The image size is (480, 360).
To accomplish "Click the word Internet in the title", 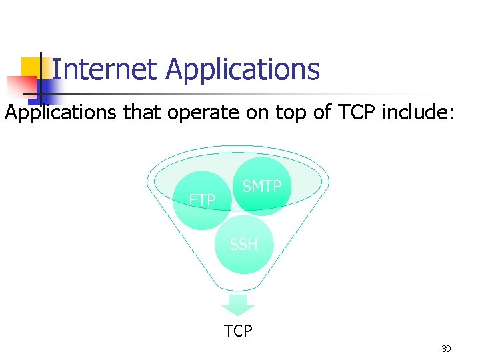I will click(x=103, y=69).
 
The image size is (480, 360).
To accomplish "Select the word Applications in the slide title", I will click(x=243, y=69).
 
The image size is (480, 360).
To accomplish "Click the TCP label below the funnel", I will click(x=238, y=331).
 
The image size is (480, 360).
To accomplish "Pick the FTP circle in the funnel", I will click(x=201, y=199).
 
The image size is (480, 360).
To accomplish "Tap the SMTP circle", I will click(x=262, y=186).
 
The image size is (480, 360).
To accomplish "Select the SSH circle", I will click(x=243, y=244).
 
